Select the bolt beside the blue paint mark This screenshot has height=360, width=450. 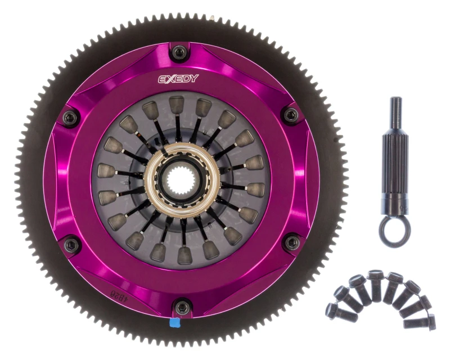tap(181, 307)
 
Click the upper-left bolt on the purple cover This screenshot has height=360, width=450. tap(70, 117)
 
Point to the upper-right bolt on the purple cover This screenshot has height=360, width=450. tap(291, 115)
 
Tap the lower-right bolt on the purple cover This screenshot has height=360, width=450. tap(291, 242)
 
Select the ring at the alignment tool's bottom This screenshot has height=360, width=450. tap(394, 231)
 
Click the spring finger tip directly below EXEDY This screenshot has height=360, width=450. tap(177, 105)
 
